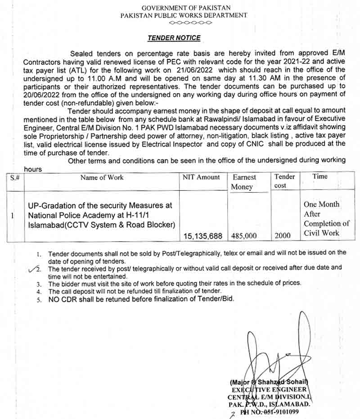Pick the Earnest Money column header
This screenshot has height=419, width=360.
[x=244, y=182]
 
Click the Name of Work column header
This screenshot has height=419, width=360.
[x=102, y=177]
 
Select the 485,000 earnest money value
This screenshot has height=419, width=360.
[x=243, y=235]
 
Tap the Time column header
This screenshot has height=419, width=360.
[x=320, y=176]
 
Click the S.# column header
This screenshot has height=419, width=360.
[x=15, y=177]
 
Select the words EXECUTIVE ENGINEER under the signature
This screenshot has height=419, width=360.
[x=269, y=389]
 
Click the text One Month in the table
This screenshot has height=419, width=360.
[x=321, y=204]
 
